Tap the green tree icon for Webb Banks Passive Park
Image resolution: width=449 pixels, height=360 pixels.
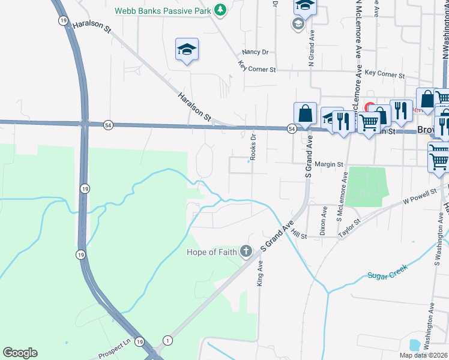pyautogui.click(x=221, y=10)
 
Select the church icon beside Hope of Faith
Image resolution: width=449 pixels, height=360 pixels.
pyautogui.click(x=246, y=251)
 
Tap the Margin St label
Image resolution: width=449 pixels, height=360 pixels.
pyautogui.click(x=328, y=164)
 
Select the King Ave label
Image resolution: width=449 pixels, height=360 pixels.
pyautogui.click(x=261, y=273)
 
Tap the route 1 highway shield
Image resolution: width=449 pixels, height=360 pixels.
pyautogui.click(x=167, y=341)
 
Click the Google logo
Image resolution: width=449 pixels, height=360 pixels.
pyautogui.click(x=20, y=353)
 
